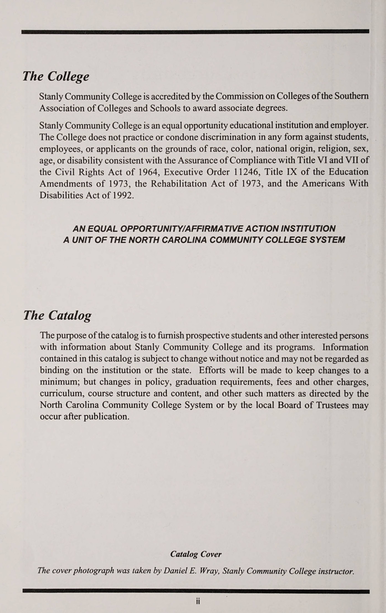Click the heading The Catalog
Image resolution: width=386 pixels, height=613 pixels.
tap(57, 316)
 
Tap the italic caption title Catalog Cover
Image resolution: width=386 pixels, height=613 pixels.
tap(196, 554)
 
